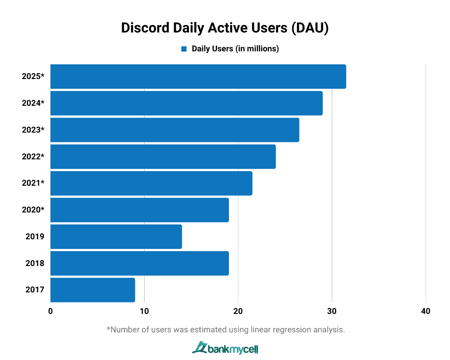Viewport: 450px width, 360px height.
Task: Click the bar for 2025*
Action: click(x=198, y=76)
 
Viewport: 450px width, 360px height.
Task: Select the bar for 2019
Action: click(x=116, y=237)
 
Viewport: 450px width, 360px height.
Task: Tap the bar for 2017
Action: click(x=92, y=290)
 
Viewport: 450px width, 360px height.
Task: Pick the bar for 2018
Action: click(x=139, y=263)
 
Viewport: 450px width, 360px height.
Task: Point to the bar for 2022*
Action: click(x=163, y=156)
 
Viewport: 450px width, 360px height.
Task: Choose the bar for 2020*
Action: click(x=139, y=210)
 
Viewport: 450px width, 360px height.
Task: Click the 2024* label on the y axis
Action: click(x=33, y=103)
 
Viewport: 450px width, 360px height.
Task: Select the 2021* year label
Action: click(x=33, y=183)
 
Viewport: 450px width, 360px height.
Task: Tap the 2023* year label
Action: click(x=33, y=130)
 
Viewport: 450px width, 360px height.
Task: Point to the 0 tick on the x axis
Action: click(x=51, y=311)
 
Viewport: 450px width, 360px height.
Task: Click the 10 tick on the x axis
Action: click(x=144, y=311)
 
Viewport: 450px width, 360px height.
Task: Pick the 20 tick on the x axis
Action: click(x=238, y=311)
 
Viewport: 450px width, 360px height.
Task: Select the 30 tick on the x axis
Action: click(x=332, y=311)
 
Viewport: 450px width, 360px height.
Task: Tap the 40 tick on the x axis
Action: click(x=425, y=311)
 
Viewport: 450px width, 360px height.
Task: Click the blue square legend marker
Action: click(x=184, y=49)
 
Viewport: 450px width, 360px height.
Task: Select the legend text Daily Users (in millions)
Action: click(x=235, y=49)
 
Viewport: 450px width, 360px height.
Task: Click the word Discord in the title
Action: click(x=145, y=28)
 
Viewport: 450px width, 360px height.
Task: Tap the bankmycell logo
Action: click(x=225, y=348)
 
